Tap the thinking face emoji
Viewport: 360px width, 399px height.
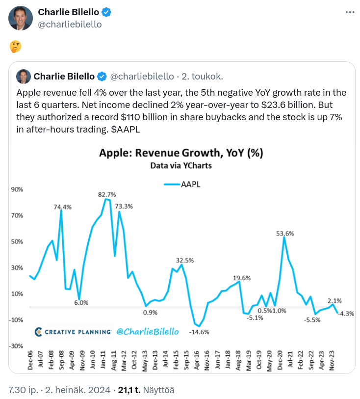tap(15, 47)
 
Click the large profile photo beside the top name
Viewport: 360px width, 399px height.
tap(21, 18)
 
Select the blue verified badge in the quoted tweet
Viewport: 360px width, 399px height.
tap(102, 76)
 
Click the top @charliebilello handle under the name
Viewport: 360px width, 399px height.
tap(70, 24)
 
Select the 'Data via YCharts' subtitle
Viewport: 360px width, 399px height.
tap(181, 165)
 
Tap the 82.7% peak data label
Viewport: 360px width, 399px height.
tap(107, 194)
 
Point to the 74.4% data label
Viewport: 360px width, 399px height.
tap(62, 207)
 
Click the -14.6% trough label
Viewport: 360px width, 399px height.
tap(199, 332)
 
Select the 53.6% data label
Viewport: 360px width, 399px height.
tap(285, 234)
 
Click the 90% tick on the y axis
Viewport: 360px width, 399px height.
tap(17, 189)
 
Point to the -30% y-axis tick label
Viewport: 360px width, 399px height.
tap(16, 346)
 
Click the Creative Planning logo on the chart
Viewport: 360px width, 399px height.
tap(73, 332)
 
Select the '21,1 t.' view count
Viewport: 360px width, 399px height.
tap(129, 390)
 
